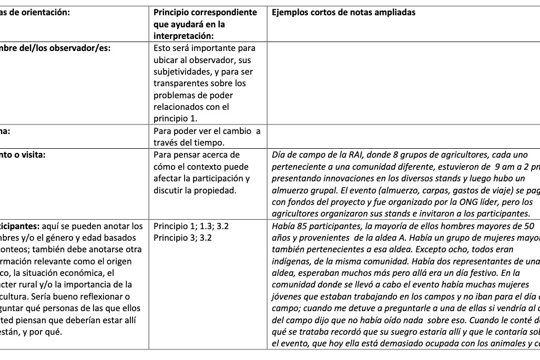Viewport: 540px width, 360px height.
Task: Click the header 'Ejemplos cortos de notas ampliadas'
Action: click(x=343, y=13)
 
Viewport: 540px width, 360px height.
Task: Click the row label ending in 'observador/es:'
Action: click(x=55, y=47)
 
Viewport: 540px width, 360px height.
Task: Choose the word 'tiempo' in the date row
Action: click(x=214, y=142)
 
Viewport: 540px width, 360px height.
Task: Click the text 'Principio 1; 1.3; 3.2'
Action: click(x=191, y=227)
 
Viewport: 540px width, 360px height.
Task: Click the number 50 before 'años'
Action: click(x=528, y=227)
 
